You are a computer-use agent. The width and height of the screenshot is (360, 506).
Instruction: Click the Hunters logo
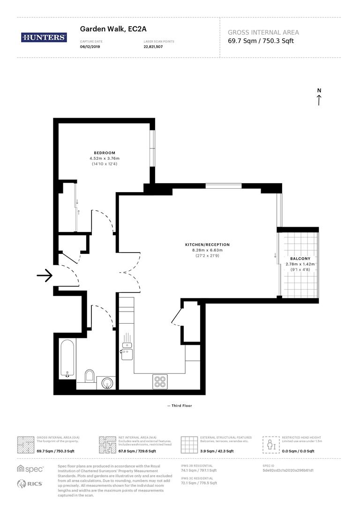44,38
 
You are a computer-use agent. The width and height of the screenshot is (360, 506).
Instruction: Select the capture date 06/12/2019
90,47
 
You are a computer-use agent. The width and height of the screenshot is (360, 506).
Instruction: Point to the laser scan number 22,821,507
153,47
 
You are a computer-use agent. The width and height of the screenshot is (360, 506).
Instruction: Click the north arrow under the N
319,100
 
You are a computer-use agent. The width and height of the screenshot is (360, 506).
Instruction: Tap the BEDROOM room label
104,153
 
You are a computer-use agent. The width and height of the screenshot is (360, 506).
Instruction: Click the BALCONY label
300,259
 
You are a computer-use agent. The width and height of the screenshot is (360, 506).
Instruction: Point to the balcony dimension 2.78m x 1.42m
300,264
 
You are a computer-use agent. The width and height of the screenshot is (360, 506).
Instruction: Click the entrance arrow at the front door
45,276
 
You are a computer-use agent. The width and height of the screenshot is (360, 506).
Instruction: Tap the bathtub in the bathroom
66,359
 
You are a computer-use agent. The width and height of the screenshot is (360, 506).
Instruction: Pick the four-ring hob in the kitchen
160,382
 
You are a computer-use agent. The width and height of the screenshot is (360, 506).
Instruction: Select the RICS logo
30,484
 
